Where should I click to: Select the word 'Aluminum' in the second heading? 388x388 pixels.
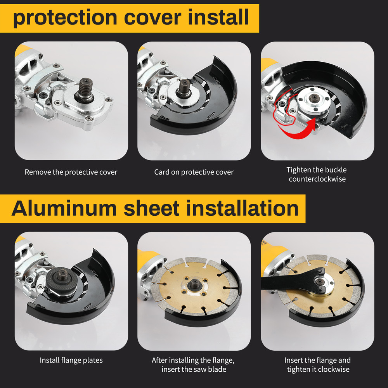[x=64, y=208]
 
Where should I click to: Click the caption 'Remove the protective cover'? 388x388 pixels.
[x=71, y=172]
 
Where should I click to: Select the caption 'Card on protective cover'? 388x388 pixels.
[x=194, y=172]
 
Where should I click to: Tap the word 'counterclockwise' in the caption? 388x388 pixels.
[x=317, y=179]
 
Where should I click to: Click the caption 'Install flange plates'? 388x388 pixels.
[x=71, y=360]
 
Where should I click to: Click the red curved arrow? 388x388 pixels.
[x=299, y=130]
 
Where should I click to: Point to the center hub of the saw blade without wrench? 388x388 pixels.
[x=193, y=286]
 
